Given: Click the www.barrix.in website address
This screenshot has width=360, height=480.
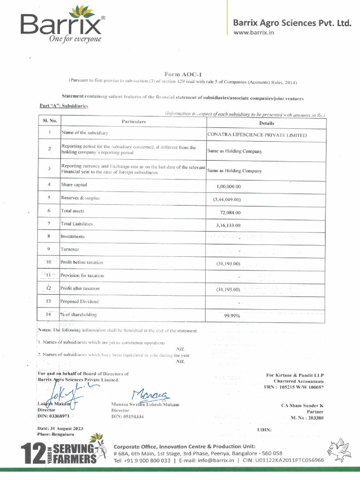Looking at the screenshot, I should point(254,32).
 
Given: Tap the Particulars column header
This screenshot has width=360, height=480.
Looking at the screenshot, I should point(134,122).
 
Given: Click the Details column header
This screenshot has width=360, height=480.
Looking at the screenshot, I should point(266,123).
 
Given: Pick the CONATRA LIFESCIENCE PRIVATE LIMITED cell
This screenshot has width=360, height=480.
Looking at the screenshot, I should point(257,135).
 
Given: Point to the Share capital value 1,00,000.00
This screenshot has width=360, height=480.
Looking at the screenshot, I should point(229,186).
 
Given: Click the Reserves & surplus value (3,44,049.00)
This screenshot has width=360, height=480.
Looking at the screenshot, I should point(226,199).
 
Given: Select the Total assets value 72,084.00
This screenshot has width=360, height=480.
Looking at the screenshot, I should point(230,212).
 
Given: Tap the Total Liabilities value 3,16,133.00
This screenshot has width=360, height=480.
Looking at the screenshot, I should point(228,225).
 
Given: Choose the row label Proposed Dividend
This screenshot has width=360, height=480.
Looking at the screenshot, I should point(80,301).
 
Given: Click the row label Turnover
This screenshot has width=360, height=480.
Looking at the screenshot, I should point(70,249).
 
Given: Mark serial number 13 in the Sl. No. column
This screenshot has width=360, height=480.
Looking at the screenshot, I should point(49,301).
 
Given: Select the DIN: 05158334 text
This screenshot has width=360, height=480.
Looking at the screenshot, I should point(127,417).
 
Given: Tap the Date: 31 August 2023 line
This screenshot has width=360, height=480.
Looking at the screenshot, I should point(60,429).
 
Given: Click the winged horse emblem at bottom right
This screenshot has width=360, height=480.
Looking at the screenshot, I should point(340,450).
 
